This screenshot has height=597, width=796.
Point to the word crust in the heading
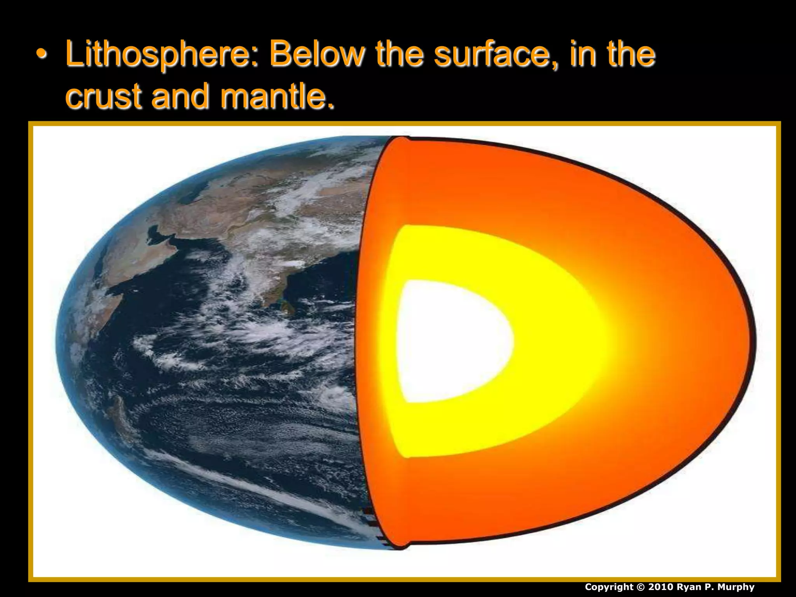click(x=103, y=96)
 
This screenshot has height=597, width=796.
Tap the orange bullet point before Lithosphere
click(x=41, y=54)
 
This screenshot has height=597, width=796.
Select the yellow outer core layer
click(x=552, y=342)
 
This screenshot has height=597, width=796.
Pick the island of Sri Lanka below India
click(x=287, y=307)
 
